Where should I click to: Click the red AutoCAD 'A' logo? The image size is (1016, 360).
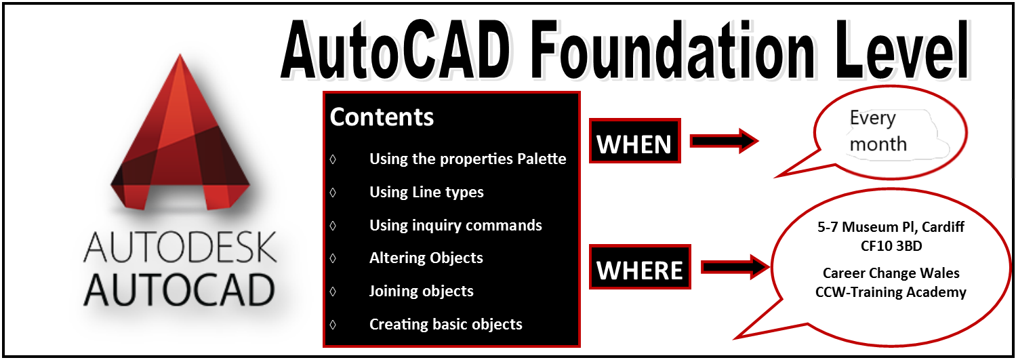point(180,136)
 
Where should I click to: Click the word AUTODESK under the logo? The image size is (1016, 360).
point(180,247)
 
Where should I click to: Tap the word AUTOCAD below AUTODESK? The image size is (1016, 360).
point(180,289)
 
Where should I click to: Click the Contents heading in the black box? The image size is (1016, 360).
point(382,117)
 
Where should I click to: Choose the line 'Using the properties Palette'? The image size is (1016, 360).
point(468,159)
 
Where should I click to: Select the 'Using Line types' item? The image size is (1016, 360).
point(426,192)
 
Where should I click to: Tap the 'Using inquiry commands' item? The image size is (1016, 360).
point(455,225)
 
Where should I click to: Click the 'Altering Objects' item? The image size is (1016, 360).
point(426,258)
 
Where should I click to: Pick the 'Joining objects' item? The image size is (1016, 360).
point(421,291)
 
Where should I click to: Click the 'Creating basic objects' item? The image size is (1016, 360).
point(445,324)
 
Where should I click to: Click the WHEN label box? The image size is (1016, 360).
point(634,141)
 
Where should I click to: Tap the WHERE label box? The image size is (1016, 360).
point(640,267)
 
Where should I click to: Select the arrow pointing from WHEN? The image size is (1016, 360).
point(724,141)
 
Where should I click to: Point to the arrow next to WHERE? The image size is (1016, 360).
point(735,266)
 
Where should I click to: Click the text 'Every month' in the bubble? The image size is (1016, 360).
point(878,132)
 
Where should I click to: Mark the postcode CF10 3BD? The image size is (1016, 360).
point(891,246)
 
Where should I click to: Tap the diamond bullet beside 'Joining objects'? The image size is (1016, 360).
point(333,291)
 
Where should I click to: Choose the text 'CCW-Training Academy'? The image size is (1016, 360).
point(891,292)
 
